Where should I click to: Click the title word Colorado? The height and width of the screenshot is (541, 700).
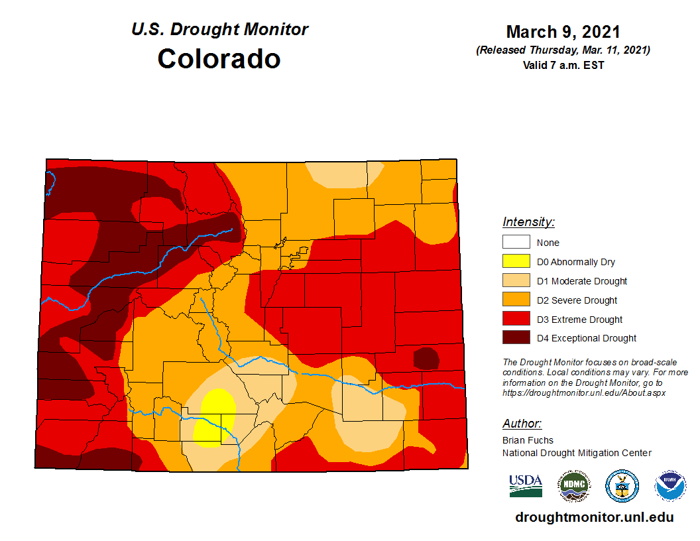click(219, 58)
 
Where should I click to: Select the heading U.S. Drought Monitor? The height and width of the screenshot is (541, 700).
click(219, 30)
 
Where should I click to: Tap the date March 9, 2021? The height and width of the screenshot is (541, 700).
click(563, 32)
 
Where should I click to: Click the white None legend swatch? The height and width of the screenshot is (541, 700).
click(516, 243)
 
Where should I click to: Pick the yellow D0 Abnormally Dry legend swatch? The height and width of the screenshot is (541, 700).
click(516, 262)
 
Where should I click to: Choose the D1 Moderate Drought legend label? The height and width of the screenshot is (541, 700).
click(581, 281)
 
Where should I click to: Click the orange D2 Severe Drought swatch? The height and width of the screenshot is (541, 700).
click(516, 300)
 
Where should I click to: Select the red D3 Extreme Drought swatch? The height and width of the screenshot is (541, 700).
click(516, 320)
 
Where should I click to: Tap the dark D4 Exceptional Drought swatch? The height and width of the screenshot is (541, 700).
click(516, 338)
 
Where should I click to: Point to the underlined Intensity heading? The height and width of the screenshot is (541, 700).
click(528, 222)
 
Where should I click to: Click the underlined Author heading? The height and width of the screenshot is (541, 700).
click(522, 424)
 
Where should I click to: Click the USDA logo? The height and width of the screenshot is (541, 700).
click(526, 485)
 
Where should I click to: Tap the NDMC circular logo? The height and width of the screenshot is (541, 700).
click(573, 486)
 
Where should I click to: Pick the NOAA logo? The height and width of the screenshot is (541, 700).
click(670, 486)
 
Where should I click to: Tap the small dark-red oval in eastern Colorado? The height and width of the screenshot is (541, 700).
click(426, 359)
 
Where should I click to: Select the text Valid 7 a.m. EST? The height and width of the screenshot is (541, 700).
click(563, 65)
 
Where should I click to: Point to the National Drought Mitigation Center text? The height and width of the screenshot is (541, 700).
click(577, 453)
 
